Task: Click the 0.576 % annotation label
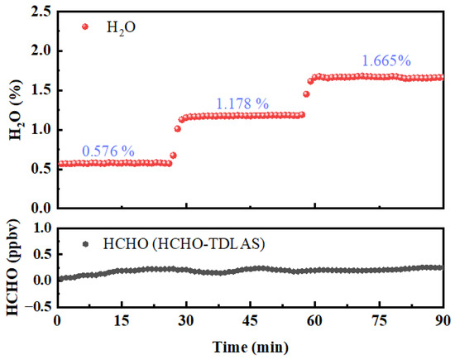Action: tap(109, 151)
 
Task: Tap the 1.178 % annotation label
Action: tap(242, 103)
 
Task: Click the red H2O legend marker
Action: tap(86, 26)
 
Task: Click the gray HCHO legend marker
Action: tap(86, 244)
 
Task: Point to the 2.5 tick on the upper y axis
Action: tap(39, 11)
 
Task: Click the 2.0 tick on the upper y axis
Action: tap(39, 50)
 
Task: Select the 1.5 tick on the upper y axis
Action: tap(39, 90)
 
